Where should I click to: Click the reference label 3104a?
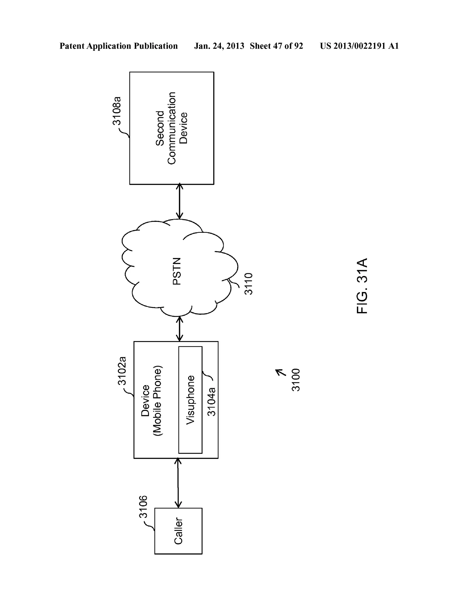(x=212, y=401)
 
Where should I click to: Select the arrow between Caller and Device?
(x=178, y=483)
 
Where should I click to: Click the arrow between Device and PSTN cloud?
(x=180, y=329)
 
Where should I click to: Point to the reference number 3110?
(x=249, y=284)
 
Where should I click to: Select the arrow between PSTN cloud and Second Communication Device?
(x=180, y=201)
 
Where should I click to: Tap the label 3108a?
(x=117, y=111)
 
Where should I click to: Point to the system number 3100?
(x=296, y=380)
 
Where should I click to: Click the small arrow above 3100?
(x=281, y=372)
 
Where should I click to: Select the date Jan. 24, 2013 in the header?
(x=219, y=46)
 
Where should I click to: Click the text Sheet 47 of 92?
(x=276, y=46)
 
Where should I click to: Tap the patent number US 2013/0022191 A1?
(x=359, y=46)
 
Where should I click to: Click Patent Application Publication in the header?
(x=119, y=46)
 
